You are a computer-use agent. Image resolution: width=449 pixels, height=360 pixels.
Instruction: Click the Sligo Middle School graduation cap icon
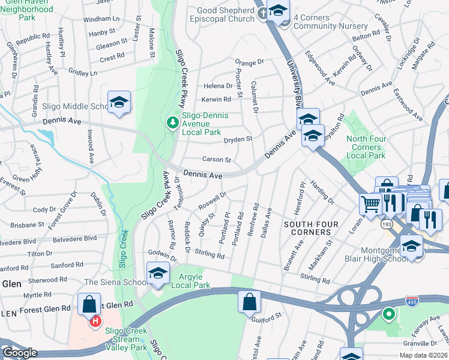119,103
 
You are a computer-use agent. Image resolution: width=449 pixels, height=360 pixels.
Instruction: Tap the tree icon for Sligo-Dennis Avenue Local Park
173,122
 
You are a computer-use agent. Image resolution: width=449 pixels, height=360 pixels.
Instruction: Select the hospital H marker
95,322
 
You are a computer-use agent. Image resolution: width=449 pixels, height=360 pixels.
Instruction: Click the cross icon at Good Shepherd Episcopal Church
262,13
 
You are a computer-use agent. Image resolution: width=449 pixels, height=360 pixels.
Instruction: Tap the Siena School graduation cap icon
157,273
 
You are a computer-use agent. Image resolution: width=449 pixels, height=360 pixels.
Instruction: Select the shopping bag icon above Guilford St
249,302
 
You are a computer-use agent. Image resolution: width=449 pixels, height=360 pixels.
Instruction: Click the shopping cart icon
371,204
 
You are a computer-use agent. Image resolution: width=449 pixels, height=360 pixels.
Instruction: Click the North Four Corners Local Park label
366,148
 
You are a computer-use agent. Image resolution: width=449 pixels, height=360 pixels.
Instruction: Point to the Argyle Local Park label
190,280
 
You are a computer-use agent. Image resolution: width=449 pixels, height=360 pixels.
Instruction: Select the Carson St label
216,160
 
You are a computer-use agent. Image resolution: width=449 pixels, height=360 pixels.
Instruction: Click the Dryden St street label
237,139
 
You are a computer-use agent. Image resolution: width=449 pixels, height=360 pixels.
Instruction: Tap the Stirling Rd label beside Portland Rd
209,254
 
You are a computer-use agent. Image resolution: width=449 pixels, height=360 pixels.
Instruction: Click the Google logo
19,352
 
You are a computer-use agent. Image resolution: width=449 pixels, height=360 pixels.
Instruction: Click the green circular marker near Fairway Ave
388,314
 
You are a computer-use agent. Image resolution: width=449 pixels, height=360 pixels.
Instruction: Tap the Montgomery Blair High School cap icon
412,246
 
